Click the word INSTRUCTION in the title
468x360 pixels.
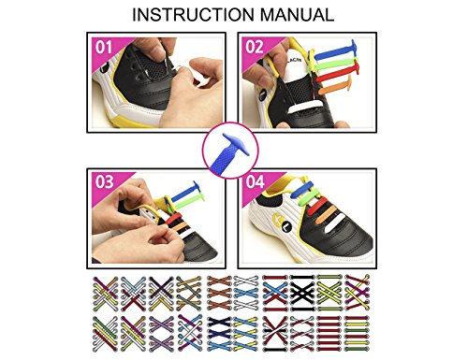(193, 15)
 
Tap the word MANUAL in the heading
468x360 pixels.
(297, 15)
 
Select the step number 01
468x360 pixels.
(103, 48)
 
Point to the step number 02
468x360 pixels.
(255, 48)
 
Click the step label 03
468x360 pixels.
(104, 182)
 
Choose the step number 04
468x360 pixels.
(255, 182)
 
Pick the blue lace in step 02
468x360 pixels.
(336, 51)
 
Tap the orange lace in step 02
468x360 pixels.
(335, 88)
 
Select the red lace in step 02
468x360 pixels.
(338, 72)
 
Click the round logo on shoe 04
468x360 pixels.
(282, 222)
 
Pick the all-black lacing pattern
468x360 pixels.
(302, 293)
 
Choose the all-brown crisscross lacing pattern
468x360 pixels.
(219, 293)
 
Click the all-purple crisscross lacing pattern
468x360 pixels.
(161, 334)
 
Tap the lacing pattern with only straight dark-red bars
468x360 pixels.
(329, 334)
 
